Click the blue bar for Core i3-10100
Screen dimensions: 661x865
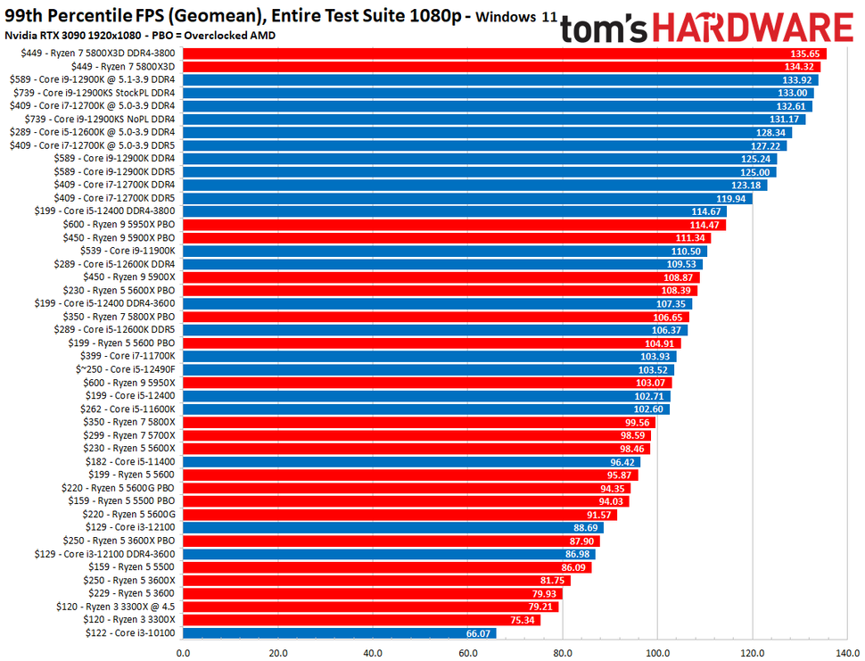click(339, 633)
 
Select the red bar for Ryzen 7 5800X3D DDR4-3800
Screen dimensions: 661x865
click(504, 54)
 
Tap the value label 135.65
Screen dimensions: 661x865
click(804, 54)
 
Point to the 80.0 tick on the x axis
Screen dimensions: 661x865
click(563, 651)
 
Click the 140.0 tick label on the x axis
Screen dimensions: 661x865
click(847, 651)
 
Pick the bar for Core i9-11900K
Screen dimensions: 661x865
click(444, 252)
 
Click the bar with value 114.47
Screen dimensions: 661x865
click(453, 225)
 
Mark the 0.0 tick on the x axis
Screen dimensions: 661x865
click(184, 651)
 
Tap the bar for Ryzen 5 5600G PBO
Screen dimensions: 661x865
click(406, 488)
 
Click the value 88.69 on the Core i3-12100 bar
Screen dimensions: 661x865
click(586, 528)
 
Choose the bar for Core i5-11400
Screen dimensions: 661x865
click(411, 462)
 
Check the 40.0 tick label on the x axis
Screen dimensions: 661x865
click(373, 651)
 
